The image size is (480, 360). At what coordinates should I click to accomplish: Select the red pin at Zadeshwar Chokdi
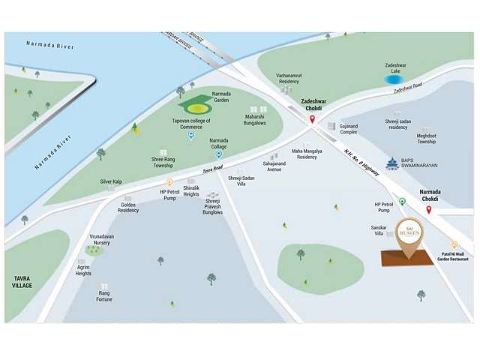pos(311,119)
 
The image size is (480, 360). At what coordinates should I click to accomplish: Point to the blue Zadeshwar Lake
pos(392,78)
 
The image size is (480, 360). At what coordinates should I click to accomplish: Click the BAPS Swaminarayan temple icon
pos(391,163)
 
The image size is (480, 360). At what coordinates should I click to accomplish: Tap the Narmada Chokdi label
pos(430,195)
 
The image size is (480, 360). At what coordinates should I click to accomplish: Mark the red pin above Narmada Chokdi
pos(428,210)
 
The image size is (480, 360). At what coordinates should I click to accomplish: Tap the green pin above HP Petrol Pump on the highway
pos(402,201)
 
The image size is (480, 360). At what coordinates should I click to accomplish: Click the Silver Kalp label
pos(111,181)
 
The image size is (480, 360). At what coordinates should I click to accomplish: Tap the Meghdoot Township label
pos(427,139)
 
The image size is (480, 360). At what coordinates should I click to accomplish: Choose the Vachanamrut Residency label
pos(289,77)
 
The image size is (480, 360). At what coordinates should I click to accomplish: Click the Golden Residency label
pos(128,207)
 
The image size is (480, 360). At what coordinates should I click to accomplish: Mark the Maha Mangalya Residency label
pos(307,154)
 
